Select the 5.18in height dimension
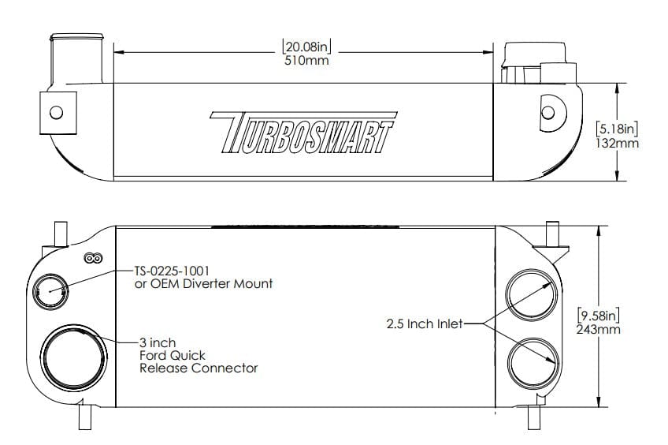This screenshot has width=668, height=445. (617, 129)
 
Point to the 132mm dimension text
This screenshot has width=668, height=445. (617, 144)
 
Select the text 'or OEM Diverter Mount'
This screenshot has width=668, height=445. (204, 283)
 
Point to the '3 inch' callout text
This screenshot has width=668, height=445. (158, 343)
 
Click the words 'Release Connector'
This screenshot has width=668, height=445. (199, 368)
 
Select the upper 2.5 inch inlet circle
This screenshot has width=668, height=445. (534, 292)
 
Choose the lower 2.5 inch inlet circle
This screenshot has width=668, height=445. (534, 362)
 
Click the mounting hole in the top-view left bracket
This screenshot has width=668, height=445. (56, 111)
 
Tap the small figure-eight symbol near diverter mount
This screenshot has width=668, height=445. (94, 258)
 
